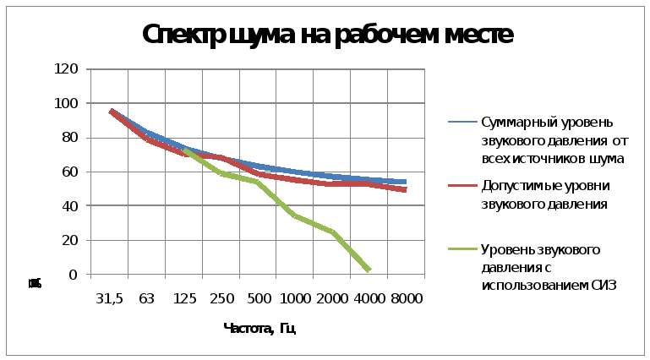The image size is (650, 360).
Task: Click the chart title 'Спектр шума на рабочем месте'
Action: (x=328, y=35)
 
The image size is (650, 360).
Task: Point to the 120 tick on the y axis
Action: (x=66, y=69)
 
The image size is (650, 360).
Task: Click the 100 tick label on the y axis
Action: (x=66, y=103)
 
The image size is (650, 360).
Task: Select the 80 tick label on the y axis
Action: (x=68, y=138)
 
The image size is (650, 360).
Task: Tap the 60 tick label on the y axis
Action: (x=68, y=172)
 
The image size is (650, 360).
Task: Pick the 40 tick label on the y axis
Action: (x=68, y=206)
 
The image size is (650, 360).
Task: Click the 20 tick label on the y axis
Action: (x=68, y=240)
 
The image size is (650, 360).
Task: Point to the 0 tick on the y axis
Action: (x=73, y=275)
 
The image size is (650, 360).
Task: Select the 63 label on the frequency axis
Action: (x=145, y=299)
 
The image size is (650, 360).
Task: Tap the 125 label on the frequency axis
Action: (x=185, y=299)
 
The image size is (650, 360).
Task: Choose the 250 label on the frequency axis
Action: (x=223, y=299)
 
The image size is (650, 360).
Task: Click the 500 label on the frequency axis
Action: (x=260, y=299)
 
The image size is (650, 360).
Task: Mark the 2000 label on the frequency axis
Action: (x=333, y=299)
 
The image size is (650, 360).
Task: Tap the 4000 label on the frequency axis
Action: (x=370, y=299)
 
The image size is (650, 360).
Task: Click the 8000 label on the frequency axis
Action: (x=407, y=299)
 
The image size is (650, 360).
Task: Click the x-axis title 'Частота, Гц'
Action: (x=259, y=328)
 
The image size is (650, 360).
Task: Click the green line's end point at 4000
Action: (x=368, y=270)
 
